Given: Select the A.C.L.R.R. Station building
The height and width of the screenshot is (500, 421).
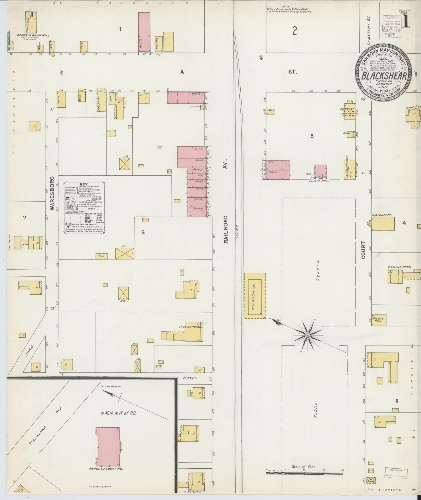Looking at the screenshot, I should [255, 296].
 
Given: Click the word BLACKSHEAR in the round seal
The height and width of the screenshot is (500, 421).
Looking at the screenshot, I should [383, 76].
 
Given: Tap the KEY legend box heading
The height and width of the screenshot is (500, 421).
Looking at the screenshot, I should [85, 184].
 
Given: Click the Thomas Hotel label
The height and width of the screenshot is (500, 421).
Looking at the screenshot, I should [191, 327].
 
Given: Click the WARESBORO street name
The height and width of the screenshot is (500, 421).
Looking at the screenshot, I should [52, 193].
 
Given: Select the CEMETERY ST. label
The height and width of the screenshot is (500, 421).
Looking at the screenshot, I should [369, 34].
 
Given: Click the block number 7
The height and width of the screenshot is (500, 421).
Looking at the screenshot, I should [25, 217].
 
